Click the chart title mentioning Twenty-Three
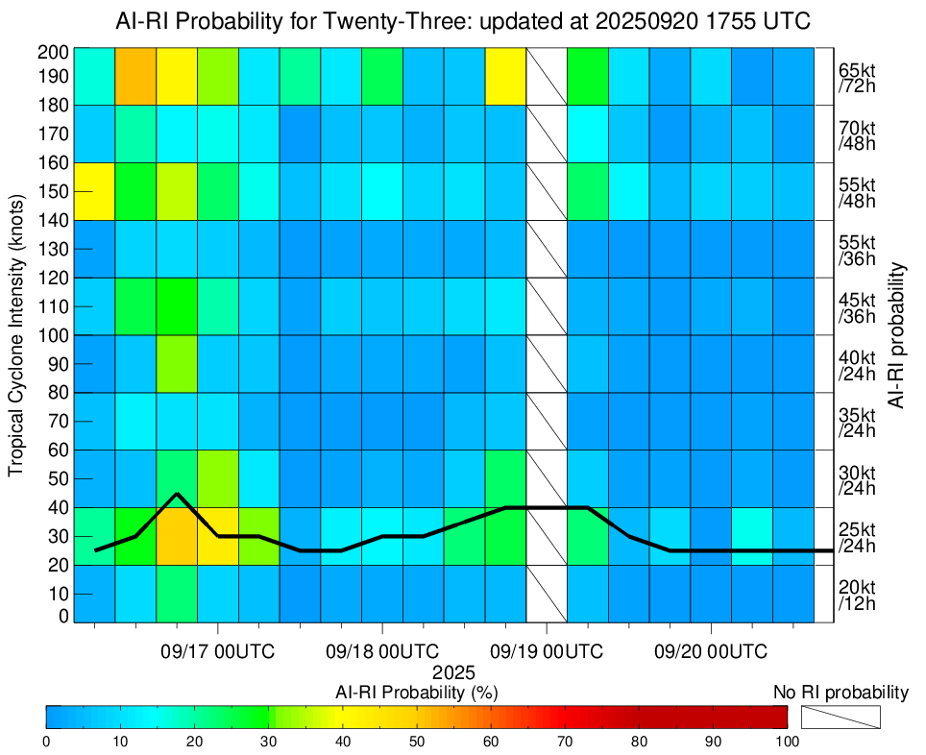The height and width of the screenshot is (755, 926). tap(463, 20)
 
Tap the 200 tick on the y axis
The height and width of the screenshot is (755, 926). tap(55, 52)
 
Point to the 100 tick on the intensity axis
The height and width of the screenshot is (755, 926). tap(55, 335)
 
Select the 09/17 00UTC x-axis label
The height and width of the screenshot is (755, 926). tap(218, 652)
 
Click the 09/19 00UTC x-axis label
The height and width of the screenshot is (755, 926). tap(547, 652)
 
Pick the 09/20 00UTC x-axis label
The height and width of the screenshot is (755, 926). tap(711, 652)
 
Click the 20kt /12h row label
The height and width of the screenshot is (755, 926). tap(856, 595)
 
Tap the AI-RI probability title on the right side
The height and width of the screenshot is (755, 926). tap(898, 335)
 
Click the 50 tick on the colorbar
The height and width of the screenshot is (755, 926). tap(417, 741)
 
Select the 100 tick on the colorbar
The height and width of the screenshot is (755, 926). tap(787, 741)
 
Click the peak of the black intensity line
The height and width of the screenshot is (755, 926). tap(177, 494)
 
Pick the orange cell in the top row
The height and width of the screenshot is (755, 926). tap(135, 76)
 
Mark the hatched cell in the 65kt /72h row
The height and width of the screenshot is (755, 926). tap(547, 76)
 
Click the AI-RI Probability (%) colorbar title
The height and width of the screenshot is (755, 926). tap(416, 693)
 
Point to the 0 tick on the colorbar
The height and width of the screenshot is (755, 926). tap(47, 741)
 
